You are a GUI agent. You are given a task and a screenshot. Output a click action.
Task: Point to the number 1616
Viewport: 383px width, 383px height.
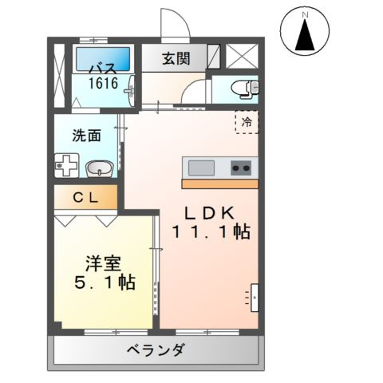[x=103, y=82]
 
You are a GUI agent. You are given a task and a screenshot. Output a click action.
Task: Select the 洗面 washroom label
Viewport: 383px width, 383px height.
[x=86, y=136]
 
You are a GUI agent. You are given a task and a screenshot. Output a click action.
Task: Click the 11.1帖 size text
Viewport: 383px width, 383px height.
[x=211, y=233]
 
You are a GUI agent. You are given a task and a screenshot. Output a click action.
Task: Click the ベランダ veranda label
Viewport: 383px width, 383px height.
[x=156, y=350]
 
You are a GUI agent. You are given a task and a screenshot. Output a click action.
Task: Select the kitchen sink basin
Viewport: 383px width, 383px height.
[x=201, y=168]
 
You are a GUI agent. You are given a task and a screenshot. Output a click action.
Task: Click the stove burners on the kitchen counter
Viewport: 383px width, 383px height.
[x=241, y=168]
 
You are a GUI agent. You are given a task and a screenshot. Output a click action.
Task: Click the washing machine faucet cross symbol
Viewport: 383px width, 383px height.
[x=67, y=167]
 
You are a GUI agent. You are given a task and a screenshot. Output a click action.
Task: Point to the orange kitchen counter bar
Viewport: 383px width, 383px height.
[x=219, y=184]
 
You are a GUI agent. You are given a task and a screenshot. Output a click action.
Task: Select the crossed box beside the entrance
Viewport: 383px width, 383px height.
[x=239, y=56]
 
